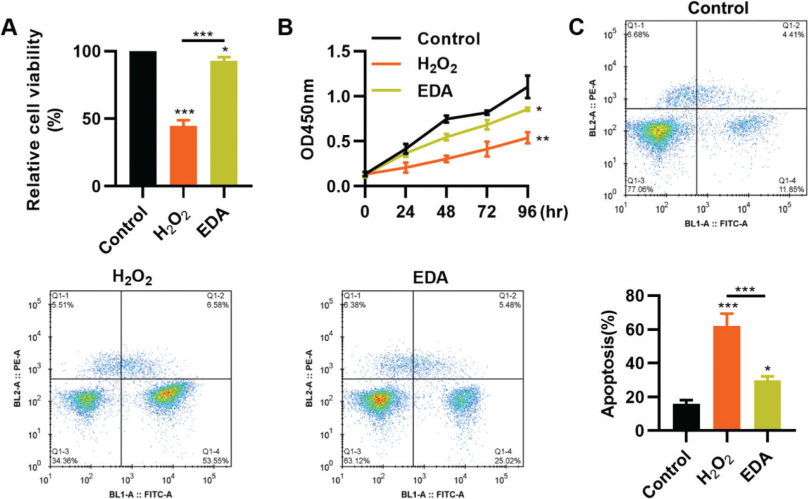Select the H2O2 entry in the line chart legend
pos(437,65)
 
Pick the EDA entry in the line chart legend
pos(435,91)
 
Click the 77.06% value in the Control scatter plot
pos(640,189)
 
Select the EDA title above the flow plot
pos(430,278)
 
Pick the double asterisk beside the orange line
pos(542,139)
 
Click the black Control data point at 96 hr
pos(528,87)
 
